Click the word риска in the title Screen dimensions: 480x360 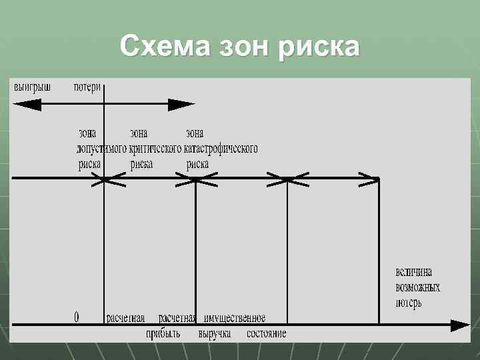323,47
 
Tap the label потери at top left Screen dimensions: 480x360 87,87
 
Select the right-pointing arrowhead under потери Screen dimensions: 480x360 181,105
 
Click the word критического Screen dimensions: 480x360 155,148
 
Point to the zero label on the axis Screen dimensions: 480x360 77,318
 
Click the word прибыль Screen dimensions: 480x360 163,333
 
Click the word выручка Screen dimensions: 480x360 215,333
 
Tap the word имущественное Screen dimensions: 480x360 235,318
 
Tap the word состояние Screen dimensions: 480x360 266,333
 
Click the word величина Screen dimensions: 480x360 413,272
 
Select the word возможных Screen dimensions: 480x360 417,287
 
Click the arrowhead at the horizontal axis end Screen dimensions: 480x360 459,325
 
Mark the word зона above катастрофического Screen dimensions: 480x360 195,133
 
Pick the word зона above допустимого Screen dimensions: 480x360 87,133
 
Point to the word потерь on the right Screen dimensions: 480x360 409,303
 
